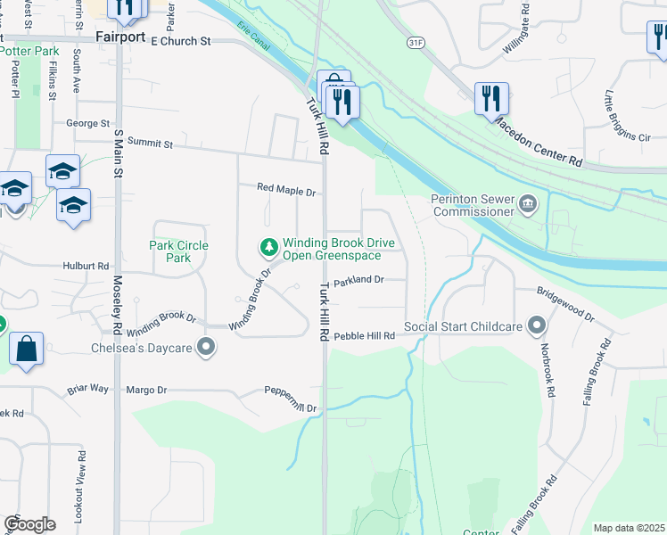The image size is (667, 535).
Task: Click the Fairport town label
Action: coord(121,40)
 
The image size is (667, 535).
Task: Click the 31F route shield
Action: coord(413,42)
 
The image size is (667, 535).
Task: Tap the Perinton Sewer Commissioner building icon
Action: coord(528,206)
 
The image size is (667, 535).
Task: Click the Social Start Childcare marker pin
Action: coord(536,326)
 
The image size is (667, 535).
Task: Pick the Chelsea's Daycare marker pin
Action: coord(207,347)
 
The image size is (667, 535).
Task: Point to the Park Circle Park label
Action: coord(179,251)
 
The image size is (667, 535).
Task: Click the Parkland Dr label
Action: coord(358,280)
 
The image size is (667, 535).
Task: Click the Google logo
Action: coord(29,524)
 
